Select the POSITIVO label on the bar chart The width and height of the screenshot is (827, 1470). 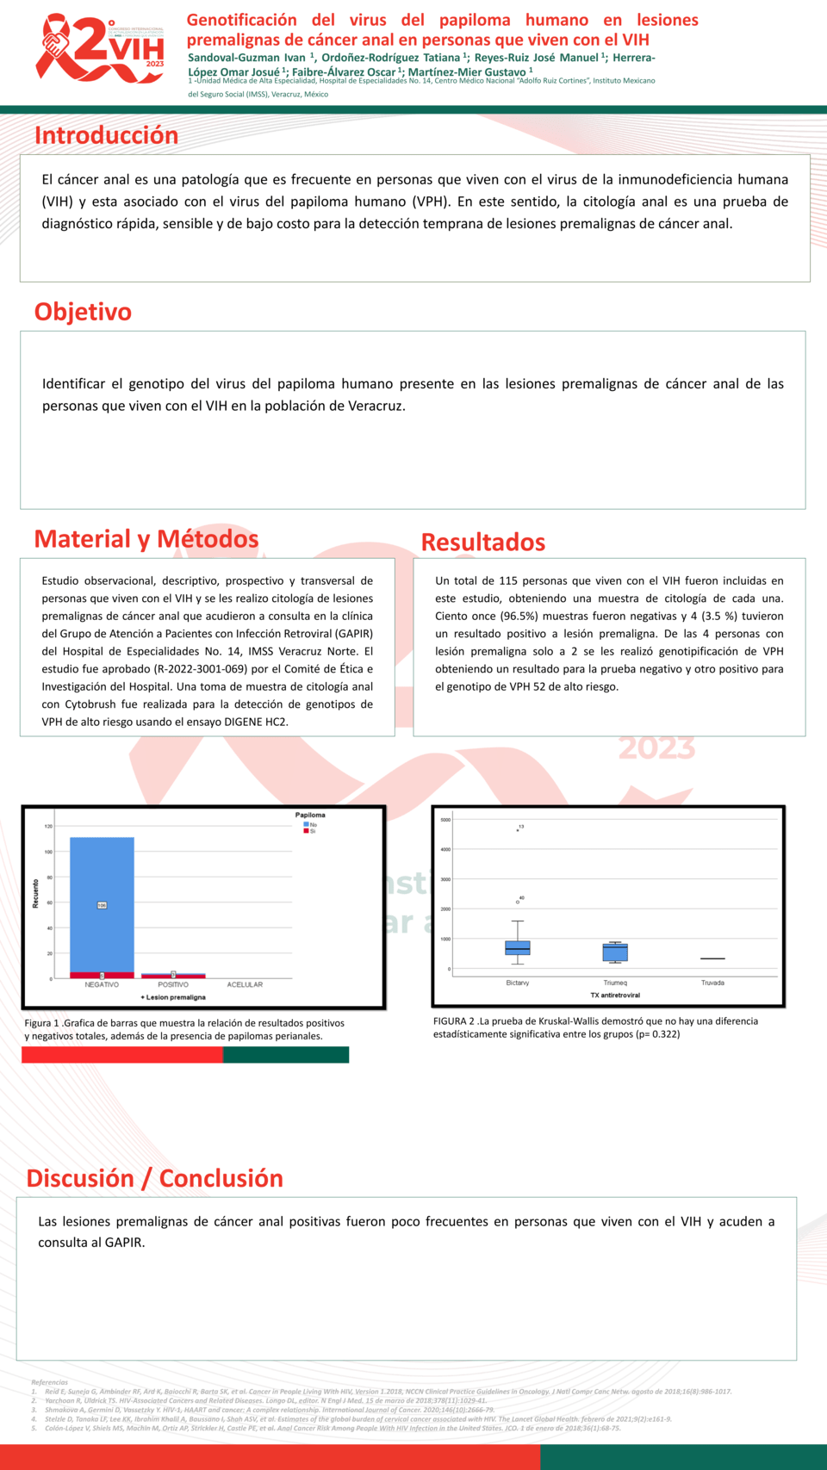pos(173,984)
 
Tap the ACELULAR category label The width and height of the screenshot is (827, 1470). pos(245,984)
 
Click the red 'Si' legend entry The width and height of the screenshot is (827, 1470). pos(309,831)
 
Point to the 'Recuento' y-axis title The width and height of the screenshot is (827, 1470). pos(35,894)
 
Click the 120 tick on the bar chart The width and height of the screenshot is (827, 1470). pos(48,827)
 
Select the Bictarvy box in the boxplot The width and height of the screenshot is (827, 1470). pos(518,947)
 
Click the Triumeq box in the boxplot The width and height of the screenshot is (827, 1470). pos(615,952)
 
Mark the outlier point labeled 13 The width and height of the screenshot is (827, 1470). pos(518,830)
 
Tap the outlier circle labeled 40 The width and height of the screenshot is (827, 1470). pos(518,902)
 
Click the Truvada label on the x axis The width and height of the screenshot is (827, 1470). pos(712,983)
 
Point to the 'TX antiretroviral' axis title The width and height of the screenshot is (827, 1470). pos(615,995)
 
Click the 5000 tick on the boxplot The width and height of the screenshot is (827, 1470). pos(445,820)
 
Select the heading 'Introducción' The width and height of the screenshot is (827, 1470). pos(106,135)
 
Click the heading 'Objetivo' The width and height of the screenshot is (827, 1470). pos(83,312)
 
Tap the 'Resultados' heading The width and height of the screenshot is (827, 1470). pos(482,543)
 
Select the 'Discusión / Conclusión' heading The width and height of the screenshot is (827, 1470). pos(154,1178)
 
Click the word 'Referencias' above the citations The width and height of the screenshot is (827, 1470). pos(49,1382)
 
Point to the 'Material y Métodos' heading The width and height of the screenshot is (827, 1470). pos(146,539)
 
